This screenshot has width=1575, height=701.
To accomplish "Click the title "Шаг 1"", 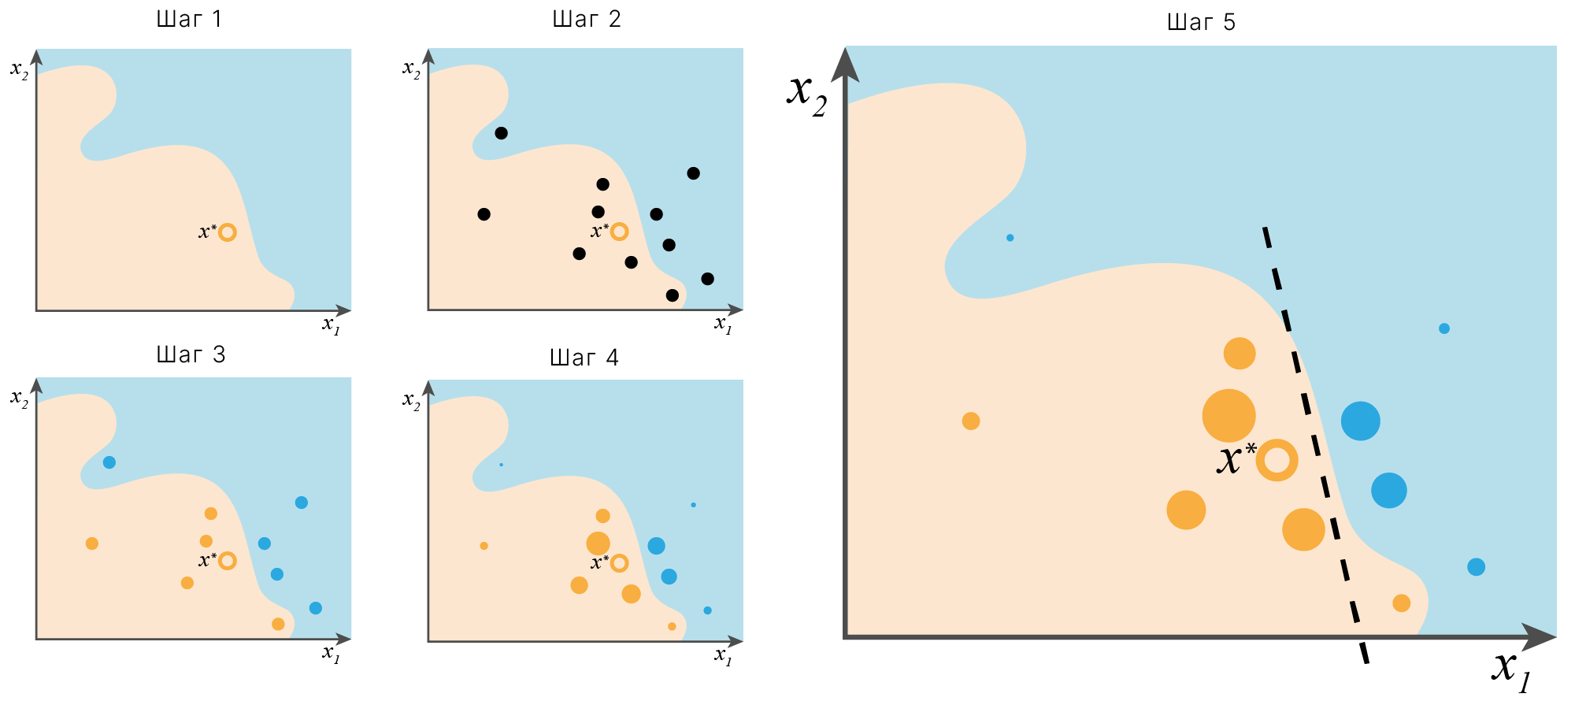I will pyautogui.click(x=189, y=19).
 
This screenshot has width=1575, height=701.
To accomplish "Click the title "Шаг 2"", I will pyautogui.click(x=587, y=19).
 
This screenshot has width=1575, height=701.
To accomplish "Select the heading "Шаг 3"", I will pyautogui.click(x=191, y=354).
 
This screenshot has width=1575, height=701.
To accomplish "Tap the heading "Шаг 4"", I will pyautogui.click(x=584, y=358).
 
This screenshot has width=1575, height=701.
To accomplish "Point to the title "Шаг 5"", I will pyautogui.click(x=1201, y=22).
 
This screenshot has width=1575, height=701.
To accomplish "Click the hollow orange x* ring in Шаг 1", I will pyautogui.click(x=227, y=232).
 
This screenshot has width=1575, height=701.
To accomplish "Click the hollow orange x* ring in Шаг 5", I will pyautogui.click(x=1277, y=460).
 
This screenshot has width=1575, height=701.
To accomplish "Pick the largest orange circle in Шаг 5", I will pyautogui.click(x=1228, y=415).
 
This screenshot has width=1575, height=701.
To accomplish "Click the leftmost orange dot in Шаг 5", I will pyautogui.click(x=971, y=421).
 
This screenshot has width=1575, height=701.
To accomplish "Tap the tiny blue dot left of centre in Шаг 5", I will pyautogui.click(x=1010, y=237).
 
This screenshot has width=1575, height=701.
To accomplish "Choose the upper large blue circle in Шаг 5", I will pyautogui.click(x=1360, y=421).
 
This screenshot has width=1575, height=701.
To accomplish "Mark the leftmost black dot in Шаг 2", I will pyautogui.click(x=484, y=214).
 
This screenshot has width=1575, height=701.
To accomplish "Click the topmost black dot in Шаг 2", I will pyautogui.click(x=501, y=133).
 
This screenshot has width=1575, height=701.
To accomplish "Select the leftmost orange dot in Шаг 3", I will pyautogui.click(x=91, y=543).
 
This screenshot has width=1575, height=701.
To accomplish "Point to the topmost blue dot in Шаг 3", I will pyautogui.click(x=109, y=462).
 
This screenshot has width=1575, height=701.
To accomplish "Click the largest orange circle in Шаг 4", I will pyautogui.click(x=598, y=543).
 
